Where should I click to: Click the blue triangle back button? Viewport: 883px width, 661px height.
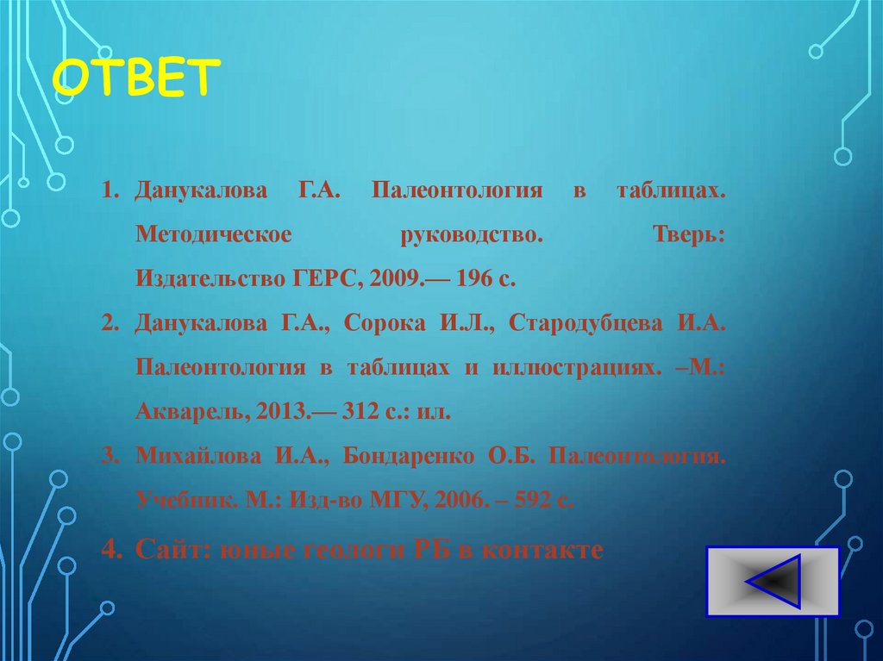pyautogui.click(x=773, y=581)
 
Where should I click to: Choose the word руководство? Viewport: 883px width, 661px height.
pyautogui.click(x=472, y=235)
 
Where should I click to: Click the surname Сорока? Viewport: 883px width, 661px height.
pyautogui.click(x=385, y=323)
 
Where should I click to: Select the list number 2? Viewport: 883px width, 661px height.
pyautogui.click(x=109, y=323)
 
